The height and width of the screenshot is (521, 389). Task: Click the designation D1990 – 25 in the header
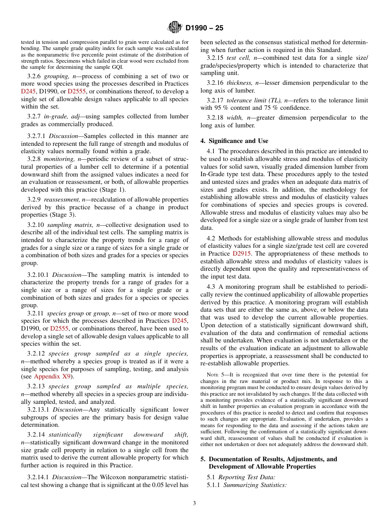(204, 28)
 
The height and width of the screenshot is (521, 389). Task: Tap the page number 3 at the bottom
(194, 503)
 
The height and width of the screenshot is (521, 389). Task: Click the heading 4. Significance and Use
(234, 141)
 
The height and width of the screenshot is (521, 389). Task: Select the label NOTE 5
(213, 375)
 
